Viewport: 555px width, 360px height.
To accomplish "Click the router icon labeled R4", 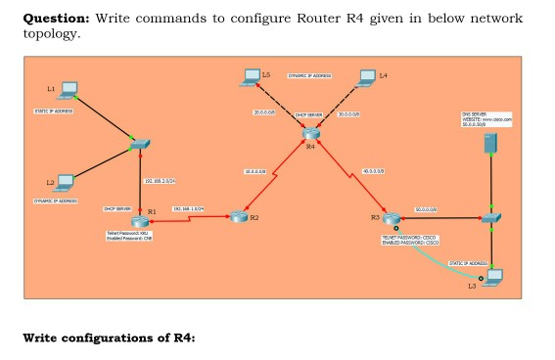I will (310, 133).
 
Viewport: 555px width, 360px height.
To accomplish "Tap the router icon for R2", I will (237, 216).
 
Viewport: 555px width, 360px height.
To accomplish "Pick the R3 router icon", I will (391, 219).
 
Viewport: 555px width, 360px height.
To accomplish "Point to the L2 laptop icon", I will (66, 182).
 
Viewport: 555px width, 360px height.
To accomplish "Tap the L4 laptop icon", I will (368, 75).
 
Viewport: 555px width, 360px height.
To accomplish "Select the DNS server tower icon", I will (489, 144).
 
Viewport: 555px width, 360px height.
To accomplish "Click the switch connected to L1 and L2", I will (138, 147).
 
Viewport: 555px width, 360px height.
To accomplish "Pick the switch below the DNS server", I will (491, 217).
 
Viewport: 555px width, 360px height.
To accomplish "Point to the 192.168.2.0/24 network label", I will (160, 182).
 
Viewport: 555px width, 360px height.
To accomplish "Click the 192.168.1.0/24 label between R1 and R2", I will (186, 208).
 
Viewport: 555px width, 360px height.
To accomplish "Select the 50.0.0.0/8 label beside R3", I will (428, 210).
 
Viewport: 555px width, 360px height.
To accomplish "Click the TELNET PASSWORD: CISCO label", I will (408, 236).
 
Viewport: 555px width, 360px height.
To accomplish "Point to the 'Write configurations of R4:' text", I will (109, 338).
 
